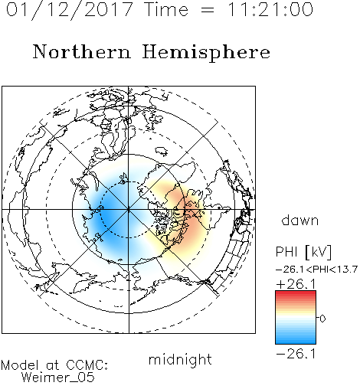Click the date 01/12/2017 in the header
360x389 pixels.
[69, 10]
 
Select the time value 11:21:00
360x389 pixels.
[270, 9]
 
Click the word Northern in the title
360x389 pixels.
[82, 51]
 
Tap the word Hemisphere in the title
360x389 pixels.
[206, 53]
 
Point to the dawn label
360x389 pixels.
[300, 220]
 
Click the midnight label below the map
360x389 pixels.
[180, 359]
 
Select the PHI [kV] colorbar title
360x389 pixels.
[303, 252]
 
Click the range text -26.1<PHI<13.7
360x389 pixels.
[316, 270]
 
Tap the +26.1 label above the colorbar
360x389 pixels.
[296, 284]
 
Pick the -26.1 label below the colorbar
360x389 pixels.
[296, 354]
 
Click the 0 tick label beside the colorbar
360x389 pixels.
[322, 319]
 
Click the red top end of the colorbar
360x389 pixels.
[296, 293]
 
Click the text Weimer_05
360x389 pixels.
[58, 377]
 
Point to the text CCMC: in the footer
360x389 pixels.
[87, 365]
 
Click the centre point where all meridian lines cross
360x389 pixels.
[129, 210]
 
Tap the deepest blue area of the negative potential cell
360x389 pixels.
[107, 217]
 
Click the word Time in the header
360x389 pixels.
[166, 9]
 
